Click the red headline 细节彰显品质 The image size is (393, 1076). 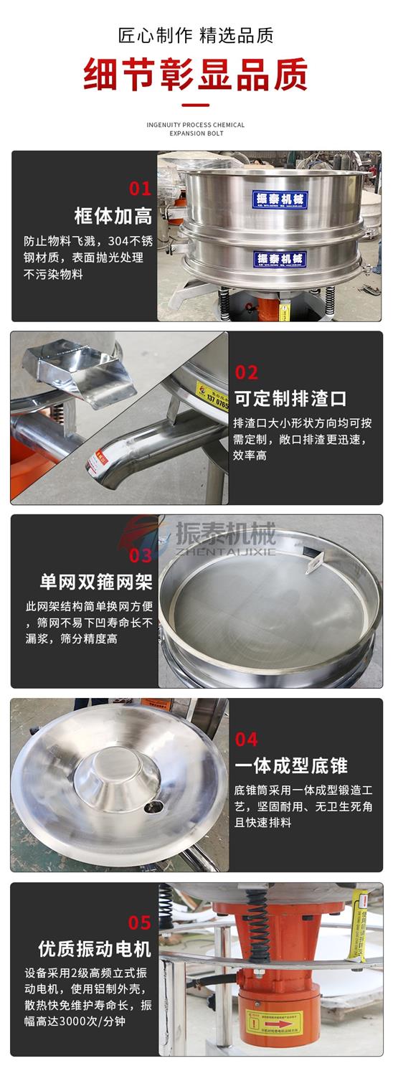pos(196,74)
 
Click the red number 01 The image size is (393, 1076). pos(140,189)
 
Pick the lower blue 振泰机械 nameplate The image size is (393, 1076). pos(280,258)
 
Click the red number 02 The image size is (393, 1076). pos(246,372)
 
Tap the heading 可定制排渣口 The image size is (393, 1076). pos(290,397)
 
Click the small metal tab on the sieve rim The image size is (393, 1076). pos(313,563)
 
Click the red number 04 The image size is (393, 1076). pos(246,739)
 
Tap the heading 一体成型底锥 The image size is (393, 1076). pos(290,765)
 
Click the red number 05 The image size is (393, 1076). pos(140,922)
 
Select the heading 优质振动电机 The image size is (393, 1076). pos(95,949)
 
